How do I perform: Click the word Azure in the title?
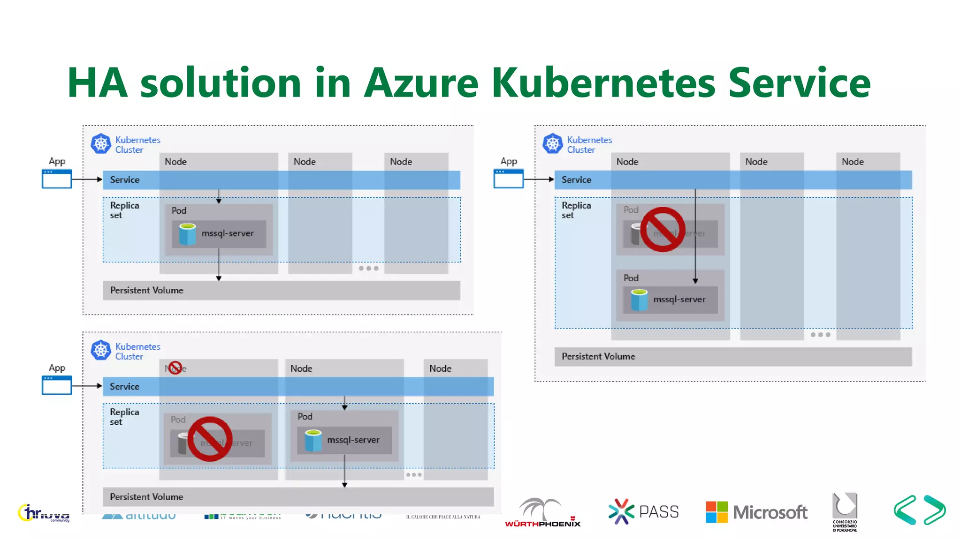point(421,83)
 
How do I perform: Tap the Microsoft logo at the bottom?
point(756,512)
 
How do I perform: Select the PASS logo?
point(643,511)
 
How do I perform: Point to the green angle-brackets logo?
point(920,510)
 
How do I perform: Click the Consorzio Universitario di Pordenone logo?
point(845,511)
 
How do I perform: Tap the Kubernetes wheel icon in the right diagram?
point(553,143)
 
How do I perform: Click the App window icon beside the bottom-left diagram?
point(57,385)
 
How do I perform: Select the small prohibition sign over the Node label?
point(175,367)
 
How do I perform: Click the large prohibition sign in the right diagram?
point(663,230)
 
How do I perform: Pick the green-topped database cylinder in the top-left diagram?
point(187,234)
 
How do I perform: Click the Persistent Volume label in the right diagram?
point(598,357)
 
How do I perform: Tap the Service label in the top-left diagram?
point(124,180)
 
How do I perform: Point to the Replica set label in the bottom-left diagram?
point(124,417)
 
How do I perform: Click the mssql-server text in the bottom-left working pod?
point(353,440)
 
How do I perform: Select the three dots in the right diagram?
point(820,335)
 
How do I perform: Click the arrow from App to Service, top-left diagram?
point(87,180)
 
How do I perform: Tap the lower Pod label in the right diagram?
point(631,278)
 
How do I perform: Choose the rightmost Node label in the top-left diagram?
point(401,162)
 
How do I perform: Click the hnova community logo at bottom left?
point(44,513)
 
